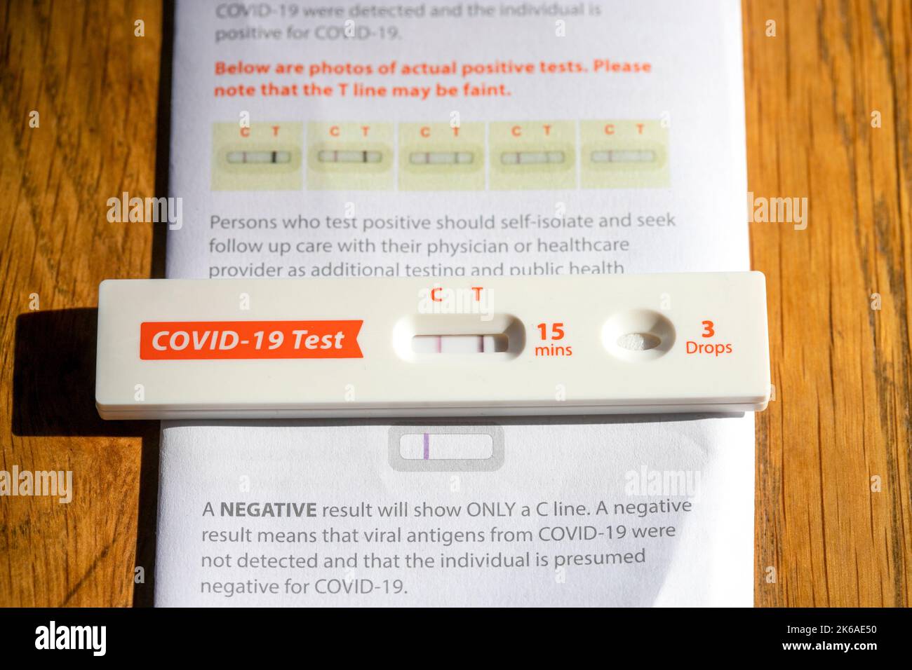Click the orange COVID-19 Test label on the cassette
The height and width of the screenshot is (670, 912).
pyautogui.click(x=249, y=340)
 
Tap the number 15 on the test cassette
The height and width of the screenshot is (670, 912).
pyautogui.click(x=551, y=331)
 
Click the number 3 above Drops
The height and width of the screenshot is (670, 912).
pyautogui.click(x=708, y=328)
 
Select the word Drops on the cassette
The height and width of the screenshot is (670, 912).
pyautogui.click(x=709, y=348)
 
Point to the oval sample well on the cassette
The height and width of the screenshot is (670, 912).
pyautogui.click(x=638, y=341)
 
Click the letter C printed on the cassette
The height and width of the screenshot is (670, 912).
pyautogui.click(x=436, y=294)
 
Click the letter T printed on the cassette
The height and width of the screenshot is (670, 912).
pyautogui.click(x=478, y=294)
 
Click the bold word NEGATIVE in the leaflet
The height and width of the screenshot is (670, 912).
pyautogui.click(x=268, y=510)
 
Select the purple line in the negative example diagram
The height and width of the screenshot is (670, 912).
pyautogui.click(x=426, y=446)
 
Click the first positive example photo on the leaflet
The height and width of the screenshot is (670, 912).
pyautogui.click(x=257, y=156)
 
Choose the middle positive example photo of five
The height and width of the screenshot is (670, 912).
pyautogui.click(x=441, y=156)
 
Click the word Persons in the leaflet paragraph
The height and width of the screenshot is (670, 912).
pyautogui.click(x=242, y=223)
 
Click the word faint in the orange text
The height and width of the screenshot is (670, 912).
pyautogui.click(x=488, y=90)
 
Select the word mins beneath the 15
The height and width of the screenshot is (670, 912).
pyautogui.click(x=553, y=350)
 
